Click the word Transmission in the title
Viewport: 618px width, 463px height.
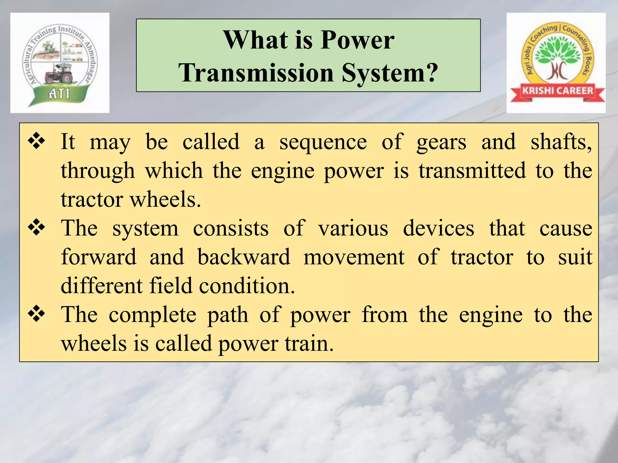pos(256,73)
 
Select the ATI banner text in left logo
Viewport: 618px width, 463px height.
pos(59,94)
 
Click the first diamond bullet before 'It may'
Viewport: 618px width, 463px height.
pos(37,141)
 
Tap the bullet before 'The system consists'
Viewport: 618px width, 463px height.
pos(37,228)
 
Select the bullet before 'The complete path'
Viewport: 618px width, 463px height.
pos(37,314)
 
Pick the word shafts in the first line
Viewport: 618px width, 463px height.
pos(561,142)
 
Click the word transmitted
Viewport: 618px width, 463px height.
pos(472,171)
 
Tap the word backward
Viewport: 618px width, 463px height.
pos(244,257)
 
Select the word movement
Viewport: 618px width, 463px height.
pos(354,257)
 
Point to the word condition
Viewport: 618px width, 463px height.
pos(247,286)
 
